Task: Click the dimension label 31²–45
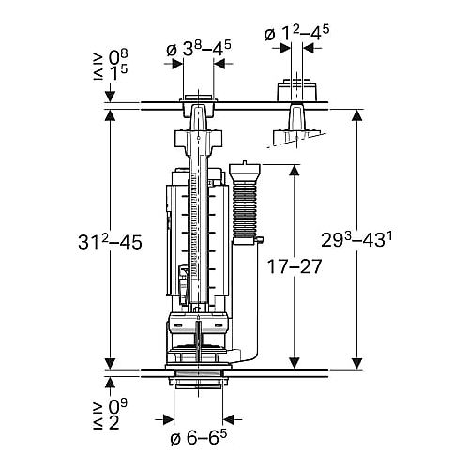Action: pyautogui.click(x=110, y=242)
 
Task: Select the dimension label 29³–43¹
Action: pyautogui.click(x=356, y=240)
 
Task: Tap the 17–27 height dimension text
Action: pyautogui.click(x=295, y=266)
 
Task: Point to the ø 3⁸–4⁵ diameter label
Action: pyautogui.click(x=199, y=49)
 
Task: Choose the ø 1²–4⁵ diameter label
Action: pyautogui.click(x=296, y=33)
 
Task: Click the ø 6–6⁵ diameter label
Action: pyautogui.click(x=199, y=438)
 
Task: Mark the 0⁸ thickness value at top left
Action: pyautogui.click(x=118, y=57)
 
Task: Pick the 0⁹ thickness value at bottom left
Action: pyautogui.click(x=118, y=407)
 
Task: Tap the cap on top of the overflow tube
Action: pyautogui.click(x=245, y=172)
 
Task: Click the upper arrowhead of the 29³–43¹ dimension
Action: pyautogui.click(x=356, y=116)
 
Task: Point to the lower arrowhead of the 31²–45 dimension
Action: pyautogui.click(x=110, y=363)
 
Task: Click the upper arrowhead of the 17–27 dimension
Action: pyautogui.click(x=294, y=171)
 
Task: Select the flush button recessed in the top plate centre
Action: pyautogui.click(x=198, y=98)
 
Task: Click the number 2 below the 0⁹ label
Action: pyautogui.click(x=114, y=423)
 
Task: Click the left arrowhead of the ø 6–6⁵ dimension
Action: pyautogui.click(x=169, y=419)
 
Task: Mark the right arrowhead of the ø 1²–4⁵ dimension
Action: pyautogui.click(x=309, y=48)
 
